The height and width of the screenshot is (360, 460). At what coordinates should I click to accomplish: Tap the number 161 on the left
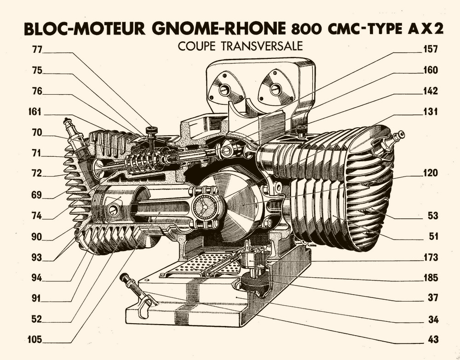[x=34, y=112]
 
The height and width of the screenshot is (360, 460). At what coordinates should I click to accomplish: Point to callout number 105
[x=34, y=340]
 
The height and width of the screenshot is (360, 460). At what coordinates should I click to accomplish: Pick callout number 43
[x=432, y=340]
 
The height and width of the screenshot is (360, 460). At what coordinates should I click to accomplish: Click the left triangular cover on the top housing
[x=224, y=89]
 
